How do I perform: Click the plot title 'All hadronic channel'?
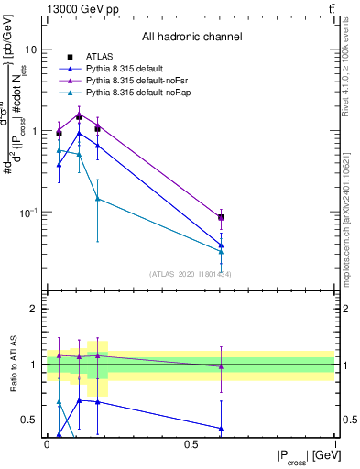coord(191,37)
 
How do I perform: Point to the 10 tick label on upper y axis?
coord(31,49)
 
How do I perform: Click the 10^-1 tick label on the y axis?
coord(29,213)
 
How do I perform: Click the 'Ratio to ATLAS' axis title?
coord(13,364)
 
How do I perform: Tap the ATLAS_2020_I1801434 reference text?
coord(191,274)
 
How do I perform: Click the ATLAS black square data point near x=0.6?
coord(220,217)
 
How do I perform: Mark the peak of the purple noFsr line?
coord(79,114)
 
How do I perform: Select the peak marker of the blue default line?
coord(79,133)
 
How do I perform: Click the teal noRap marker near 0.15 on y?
coord(98,199)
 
